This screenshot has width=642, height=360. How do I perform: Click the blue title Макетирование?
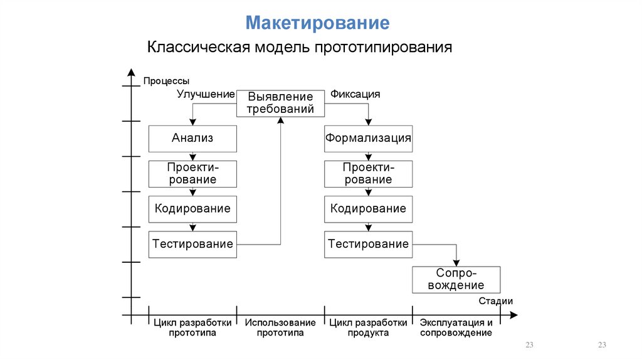coord(317,23)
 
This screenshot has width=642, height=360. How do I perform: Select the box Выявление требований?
coord(280,103)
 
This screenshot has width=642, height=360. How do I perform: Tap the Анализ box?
coord(192,139)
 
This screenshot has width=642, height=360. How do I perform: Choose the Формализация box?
coord(369,139)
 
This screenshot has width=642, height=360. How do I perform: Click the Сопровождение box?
coord(456,280)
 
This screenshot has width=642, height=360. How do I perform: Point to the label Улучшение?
coord(206,94)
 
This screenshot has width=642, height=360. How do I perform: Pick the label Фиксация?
coord(355,94)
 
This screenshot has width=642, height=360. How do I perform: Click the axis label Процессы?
coord(166,81)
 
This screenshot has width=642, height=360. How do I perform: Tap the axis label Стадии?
coord(495,301)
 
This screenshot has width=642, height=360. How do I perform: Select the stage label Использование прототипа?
coord(280,327)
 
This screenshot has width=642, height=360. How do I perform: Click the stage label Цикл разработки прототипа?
coord(192,327)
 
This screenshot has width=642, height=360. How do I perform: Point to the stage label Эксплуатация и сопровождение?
coord(456,327)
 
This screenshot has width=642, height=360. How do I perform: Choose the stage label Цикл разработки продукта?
coord(368,327)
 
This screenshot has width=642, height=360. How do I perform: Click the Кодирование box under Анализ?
coord(192,209)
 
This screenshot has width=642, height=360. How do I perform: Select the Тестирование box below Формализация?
coord(369,245)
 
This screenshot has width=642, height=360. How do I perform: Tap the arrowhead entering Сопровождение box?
coord(456,263)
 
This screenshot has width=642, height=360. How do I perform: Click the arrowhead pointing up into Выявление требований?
coord(280,120)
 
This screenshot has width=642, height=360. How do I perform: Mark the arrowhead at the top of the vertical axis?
coord(131,72)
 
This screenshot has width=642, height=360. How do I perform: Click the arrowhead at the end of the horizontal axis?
coord(514,315)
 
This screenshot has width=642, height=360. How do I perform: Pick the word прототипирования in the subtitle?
coord(383,48)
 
